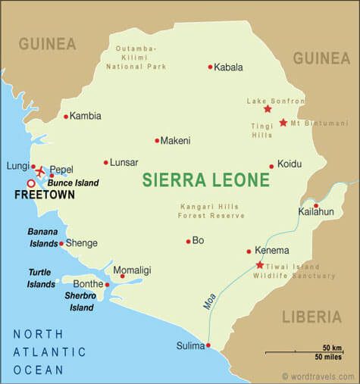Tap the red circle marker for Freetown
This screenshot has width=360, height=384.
31,183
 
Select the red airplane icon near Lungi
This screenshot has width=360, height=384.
40,168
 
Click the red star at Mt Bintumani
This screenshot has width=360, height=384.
283,123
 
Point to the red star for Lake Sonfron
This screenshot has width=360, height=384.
268,109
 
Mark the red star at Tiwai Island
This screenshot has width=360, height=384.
260,265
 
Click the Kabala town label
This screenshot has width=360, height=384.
229,67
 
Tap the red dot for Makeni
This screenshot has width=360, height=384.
157,140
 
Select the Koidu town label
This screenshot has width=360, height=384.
290,164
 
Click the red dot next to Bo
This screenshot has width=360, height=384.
188,242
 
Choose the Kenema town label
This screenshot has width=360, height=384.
271,251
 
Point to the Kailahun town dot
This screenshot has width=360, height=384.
316,205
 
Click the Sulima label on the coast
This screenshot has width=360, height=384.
189,346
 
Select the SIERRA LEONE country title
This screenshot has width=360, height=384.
206,180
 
